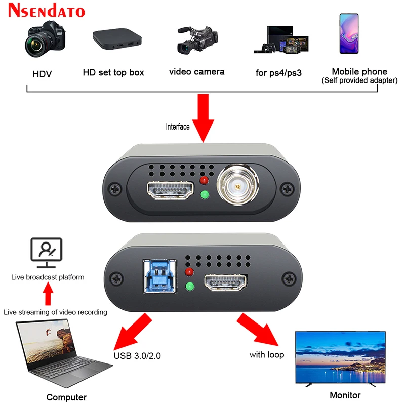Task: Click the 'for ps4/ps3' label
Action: pos(278,73)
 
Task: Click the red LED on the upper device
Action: pos(204,181)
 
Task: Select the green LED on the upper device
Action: pos(204,195)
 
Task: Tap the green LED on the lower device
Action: pos(190,288)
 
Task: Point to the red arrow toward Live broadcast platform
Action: pos(47,294)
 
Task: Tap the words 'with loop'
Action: pos(266,355)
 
